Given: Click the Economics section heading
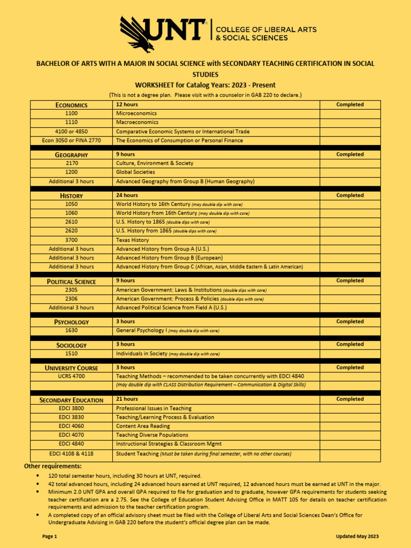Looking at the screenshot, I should pyautogui.click(x=71, y=105).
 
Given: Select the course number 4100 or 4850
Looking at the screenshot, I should pyautogui.click(x=71, y=131).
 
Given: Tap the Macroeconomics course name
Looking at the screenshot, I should pyautogui.click(x=136, y=123).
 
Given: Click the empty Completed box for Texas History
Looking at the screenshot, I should pyautogui.click(x=350, y=240).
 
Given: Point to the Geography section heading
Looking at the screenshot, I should pyautogui.click(x=71, y=155).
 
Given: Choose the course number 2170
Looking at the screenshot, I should pyautogui.click(x=71, y=163).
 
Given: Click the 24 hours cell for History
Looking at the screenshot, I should pyautogui.click(x=127, y=195).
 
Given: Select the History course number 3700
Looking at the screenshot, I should pyautogui.click(x=71, y=240).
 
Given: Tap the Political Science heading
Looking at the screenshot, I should pyautogui.click(x=71, y=281).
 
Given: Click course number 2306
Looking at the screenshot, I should pyautogui.click(x=71, y=299).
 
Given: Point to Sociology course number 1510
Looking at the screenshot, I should pyautogui.click(x=71, y=354).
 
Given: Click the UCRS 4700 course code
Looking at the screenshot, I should pyautogui.click(x=71, y=376).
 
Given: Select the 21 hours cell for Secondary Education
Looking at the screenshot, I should pyautogui.click(x=127, y=399).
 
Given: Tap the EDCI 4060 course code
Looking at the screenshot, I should pyautogui.click(x=71, y=426).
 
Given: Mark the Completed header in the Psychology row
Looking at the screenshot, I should pyautogui.click(x=350, y=322).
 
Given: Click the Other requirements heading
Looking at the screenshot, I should pyautogui.click(x=53, y=466).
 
